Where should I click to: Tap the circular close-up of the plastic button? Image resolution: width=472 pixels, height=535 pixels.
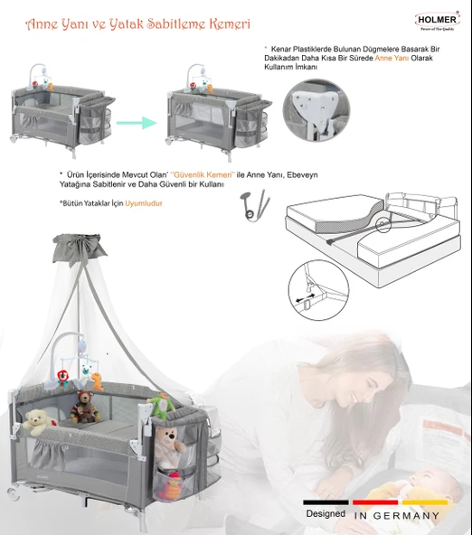click(313, 110)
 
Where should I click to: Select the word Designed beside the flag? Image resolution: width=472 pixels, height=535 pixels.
click(325, 513)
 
